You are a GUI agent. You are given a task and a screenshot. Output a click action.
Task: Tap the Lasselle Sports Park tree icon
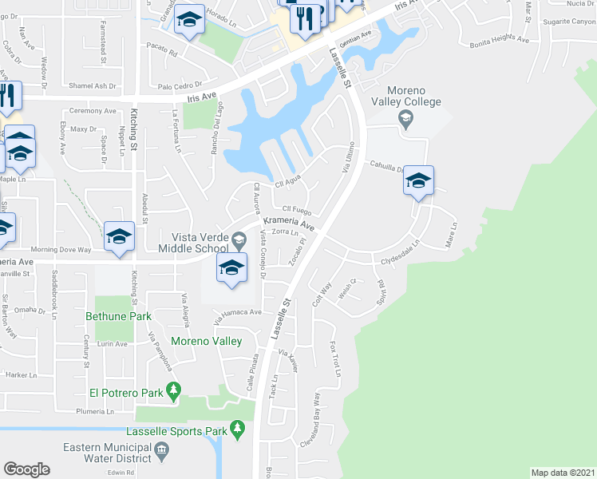point(237,431)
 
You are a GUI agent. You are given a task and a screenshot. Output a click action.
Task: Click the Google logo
point(26,469)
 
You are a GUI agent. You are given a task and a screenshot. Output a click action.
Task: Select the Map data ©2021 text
point(563,473)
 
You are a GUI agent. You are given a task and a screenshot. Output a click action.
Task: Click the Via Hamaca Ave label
point(237,315)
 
